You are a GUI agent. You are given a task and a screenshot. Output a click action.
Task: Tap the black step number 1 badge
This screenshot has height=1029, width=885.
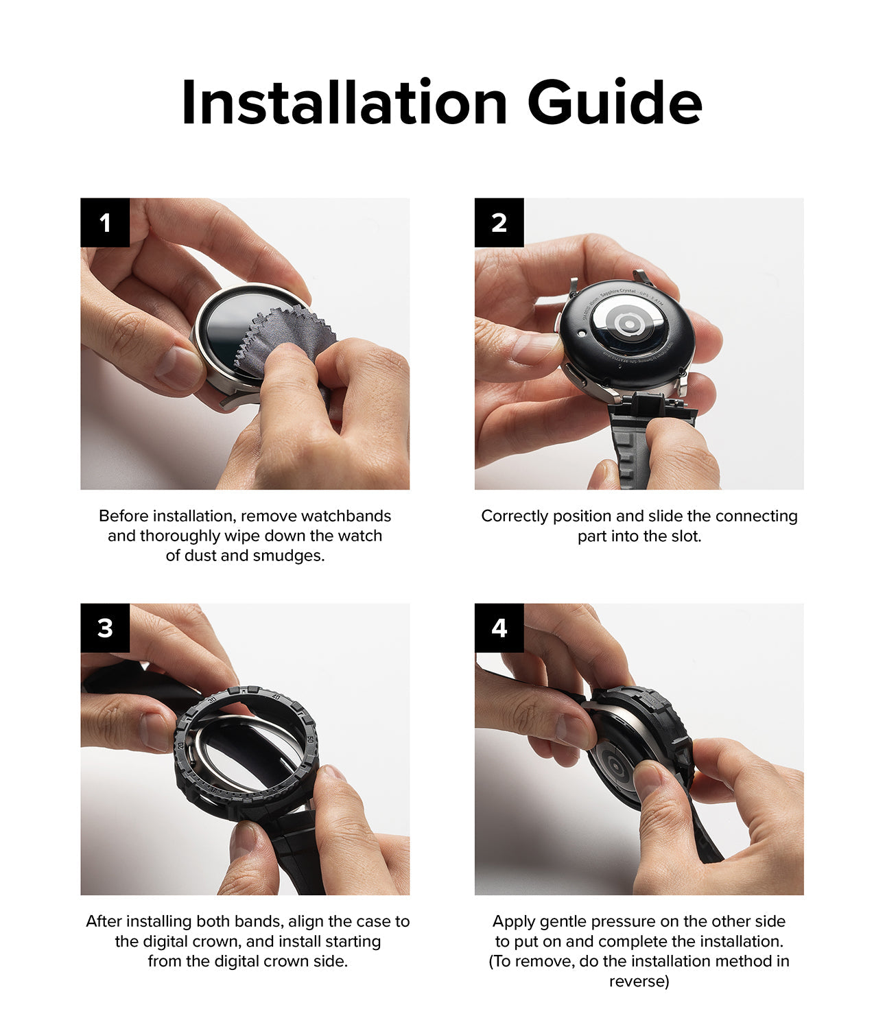pyautogui.click(x=105, y=222)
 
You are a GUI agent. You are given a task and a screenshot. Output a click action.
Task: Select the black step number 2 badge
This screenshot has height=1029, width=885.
pyautogui.click(x=499, y=222)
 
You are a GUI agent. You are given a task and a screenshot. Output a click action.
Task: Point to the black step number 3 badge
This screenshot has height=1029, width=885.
pyautogui.click(x=105, y=628)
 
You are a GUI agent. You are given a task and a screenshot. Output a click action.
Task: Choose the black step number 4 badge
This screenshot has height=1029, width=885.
pyautogui.click(x=499, y=628)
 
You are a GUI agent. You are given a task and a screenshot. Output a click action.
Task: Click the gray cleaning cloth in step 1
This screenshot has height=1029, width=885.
pyautogui.click(x=286, y=342)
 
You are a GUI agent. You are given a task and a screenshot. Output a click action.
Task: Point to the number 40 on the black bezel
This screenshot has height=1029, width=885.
pyautogui.click(x=276, y=698)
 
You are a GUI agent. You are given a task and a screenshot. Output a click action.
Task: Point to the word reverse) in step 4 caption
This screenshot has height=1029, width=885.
pyautogui.click(x=639, y=982)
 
